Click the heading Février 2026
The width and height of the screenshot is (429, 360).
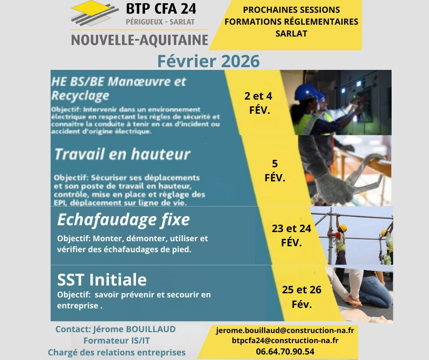point(208,61)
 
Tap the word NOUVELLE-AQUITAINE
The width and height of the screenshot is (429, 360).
point(139,40)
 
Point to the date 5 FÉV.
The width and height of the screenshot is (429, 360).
point(275,171)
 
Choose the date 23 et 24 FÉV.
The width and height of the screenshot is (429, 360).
point(292,236)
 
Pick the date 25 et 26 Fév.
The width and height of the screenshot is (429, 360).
point(302,297)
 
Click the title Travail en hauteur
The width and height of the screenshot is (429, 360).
point(122,154)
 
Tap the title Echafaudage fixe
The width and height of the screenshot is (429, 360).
point(123,220)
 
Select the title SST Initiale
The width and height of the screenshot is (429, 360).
point(102,279)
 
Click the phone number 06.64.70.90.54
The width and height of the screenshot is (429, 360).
point(285,351)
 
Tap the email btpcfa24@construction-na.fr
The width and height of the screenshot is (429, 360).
point(285,340)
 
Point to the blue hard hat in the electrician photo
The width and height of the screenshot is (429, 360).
point(305,92)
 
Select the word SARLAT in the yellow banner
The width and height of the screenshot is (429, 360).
point(291,33)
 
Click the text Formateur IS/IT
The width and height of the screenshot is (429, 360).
point(116,340)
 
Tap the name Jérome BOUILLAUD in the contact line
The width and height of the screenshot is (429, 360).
point(134,329)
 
